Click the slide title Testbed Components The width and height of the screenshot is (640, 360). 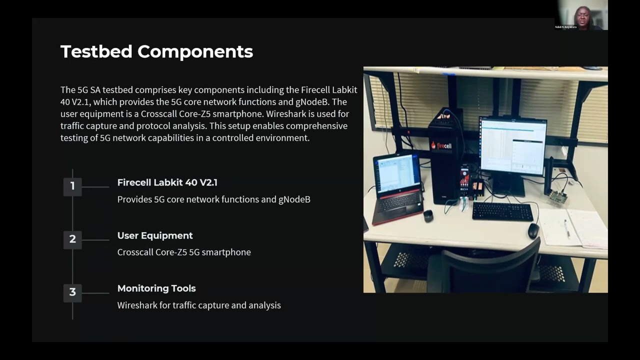click(156, 51)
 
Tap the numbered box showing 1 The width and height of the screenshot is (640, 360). click(72, 186)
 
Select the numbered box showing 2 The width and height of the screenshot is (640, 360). click(72, 239)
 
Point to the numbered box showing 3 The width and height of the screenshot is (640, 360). click(72, 292)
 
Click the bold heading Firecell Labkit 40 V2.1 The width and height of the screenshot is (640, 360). click(167, 182)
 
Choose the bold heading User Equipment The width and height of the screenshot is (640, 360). click(155, 235)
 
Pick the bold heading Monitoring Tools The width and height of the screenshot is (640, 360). click(156, 288)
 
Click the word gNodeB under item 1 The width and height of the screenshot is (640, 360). click(294, 199)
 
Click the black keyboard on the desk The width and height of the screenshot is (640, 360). click(502, 211)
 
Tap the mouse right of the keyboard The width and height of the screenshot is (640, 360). click(533, 230)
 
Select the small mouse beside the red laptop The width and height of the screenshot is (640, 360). click(428, 215)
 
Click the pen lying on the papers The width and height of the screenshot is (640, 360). click(566, 228)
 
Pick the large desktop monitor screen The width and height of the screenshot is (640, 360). click(512, 145)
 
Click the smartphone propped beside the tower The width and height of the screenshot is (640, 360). click(465, 180)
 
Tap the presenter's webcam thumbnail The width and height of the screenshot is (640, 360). click(582, 15)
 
